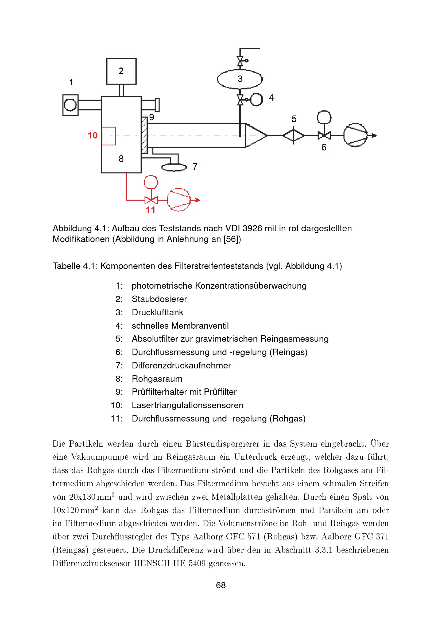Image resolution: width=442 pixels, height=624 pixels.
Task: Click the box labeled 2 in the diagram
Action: coord(121,71)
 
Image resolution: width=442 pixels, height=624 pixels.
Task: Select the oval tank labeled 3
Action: coord(239,79)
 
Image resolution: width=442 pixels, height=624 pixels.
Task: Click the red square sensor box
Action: coord(108,136)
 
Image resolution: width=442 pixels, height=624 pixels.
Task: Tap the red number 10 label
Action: coord(92,135)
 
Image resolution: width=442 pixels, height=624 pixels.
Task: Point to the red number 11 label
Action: coord(150,210)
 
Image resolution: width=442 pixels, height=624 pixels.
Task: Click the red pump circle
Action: coord(179,200)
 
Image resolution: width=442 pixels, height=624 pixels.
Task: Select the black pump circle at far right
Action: coord(355,135)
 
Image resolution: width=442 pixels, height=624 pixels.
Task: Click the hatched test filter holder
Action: coord(144,135)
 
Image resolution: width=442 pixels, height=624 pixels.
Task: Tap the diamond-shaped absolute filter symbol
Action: coord(293,135)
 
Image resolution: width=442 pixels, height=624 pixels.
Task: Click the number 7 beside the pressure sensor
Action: coord(195,166)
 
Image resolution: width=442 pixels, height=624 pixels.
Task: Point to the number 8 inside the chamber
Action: coord(121,159)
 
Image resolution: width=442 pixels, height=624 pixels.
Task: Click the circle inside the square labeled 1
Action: coord(70,105)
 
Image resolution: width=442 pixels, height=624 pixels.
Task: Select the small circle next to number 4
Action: coord(256,100)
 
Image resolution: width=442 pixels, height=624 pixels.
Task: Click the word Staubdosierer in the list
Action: coord(159,299)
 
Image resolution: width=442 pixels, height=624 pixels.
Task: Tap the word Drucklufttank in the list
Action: coord(158,312)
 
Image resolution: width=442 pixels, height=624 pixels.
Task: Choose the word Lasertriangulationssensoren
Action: coord(188,405)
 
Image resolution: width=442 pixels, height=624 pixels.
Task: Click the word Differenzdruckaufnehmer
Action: coord(181,365)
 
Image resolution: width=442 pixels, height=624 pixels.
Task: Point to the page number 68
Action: coord(221,585)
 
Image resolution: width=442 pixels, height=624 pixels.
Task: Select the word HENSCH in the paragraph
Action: coord(152,563)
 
